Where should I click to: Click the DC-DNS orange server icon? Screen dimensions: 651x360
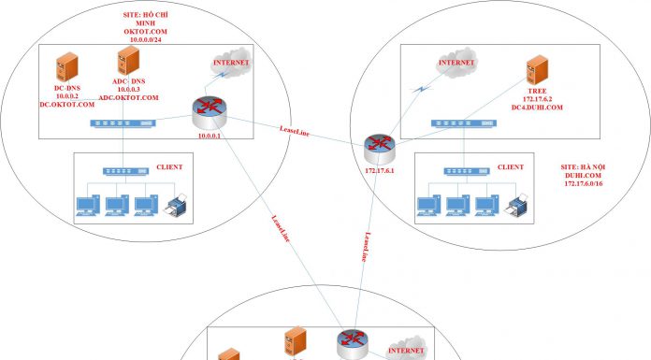[65, 68]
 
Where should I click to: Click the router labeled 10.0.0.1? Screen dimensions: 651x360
[208, 114]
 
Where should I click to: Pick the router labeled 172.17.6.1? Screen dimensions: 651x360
[379, 146]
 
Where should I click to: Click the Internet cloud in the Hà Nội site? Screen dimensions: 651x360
[456, 65]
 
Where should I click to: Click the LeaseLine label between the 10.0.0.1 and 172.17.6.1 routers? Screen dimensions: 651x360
[295, 132]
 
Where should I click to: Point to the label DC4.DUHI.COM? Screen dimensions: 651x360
[535, 108]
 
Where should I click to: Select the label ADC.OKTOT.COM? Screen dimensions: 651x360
[128, 96]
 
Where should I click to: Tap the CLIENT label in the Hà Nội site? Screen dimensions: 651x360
[511, 166]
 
